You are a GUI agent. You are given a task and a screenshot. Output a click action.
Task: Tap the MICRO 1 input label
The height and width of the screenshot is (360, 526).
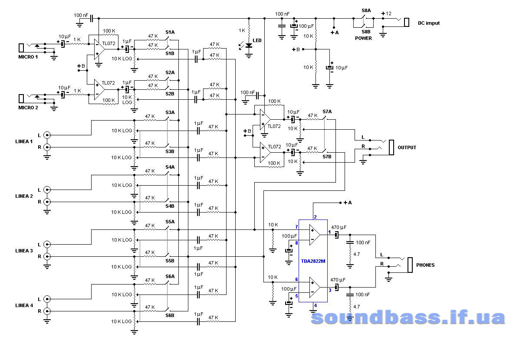coord(28,57)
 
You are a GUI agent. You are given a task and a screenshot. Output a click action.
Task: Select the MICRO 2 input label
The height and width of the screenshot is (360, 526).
coord(28,107)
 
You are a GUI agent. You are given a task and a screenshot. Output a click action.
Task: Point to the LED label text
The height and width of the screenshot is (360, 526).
coord(257,40)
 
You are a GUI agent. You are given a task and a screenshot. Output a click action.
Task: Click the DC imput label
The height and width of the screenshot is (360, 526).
coord(428,23)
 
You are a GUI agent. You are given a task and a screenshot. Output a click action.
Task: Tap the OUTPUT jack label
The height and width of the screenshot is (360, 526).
coord(407,147)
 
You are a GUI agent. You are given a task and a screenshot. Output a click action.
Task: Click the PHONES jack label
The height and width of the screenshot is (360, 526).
coord(425,265)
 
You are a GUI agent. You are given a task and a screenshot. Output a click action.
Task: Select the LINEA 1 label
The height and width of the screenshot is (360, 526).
coord(24,141)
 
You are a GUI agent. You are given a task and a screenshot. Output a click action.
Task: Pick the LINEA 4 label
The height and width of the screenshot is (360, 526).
coord(24,305)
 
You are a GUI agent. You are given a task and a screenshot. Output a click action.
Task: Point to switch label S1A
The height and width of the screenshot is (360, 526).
coord(170,32)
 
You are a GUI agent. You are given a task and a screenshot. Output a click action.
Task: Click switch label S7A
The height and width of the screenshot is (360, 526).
coord(327,111)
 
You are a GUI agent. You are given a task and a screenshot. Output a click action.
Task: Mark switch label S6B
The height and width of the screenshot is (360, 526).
coord(170,315)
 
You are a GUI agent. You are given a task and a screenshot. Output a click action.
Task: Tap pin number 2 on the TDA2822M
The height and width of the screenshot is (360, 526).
coord(315,217)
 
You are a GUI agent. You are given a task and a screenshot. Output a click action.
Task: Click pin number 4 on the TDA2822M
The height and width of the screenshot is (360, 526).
coord(315,305)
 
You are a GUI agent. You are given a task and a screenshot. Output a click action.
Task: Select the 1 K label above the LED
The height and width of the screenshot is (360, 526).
coord(242,31)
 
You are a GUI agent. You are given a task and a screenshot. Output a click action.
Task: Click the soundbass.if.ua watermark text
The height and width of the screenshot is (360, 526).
coord(408,318)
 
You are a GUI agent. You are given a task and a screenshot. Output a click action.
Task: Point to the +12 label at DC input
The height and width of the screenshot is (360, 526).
coord(386,13)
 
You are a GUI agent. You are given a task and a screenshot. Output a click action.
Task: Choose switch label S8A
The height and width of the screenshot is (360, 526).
coord(366,10)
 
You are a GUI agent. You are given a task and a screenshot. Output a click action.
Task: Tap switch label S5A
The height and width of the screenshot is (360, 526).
coord(170,221)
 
